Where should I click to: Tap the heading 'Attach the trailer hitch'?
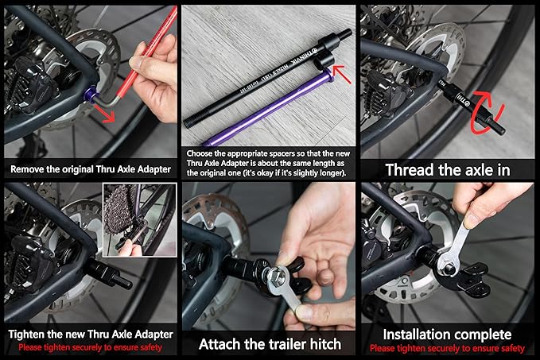point(270,344)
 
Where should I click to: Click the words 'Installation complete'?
point(448,335)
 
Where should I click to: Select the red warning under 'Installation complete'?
point(448,349)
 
